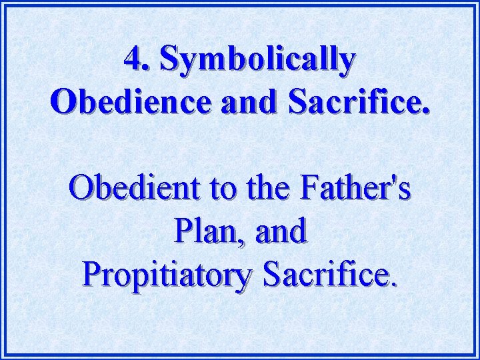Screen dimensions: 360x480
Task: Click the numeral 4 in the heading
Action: (133, 60)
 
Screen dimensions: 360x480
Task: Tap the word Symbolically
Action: (257, 61)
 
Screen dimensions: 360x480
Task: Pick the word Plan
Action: (203, 231)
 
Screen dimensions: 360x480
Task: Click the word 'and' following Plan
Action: (281, 231)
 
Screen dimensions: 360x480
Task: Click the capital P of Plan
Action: (182, 231)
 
